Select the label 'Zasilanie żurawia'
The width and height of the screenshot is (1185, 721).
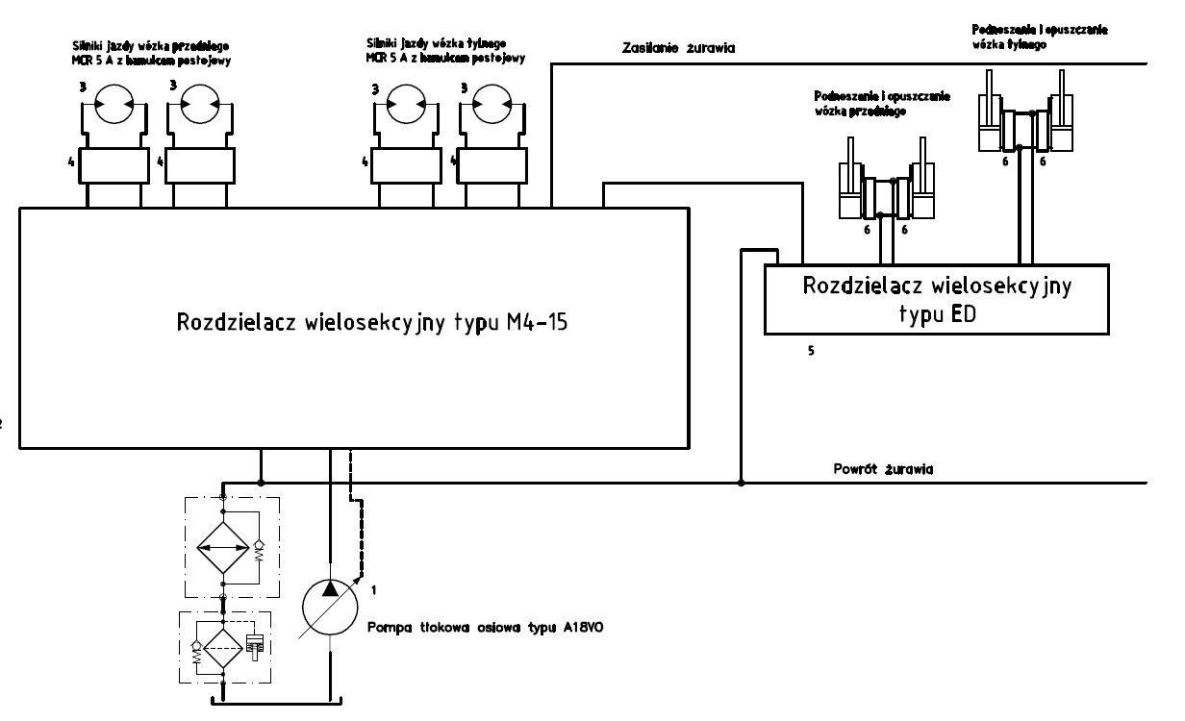667,50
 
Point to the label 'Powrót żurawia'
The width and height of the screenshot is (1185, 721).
886,470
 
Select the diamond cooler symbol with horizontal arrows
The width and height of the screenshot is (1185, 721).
223,549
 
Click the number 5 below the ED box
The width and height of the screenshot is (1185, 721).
811,351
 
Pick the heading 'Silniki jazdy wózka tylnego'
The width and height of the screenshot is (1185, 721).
444,50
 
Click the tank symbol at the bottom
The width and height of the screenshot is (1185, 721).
277,700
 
